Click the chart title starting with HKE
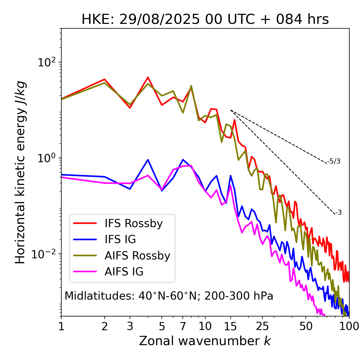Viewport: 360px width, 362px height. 205,19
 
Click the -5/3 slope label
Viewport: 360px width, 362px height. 334,161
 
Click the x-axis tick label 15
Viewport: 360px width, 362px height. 230,326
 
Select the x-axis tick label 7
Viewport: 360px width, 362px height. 183,326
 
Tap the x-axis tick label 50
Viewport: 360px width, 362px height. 306,326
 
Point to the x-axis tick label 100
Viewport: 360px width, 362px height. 349,326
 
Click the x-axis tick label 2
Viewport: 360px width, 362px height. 105,326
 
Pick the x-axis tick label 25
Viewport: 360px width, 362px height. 262,326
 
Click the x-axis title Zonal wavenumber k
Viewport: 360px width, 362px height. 205,341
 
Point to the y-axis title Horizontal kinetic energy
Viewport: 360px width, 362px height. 20,172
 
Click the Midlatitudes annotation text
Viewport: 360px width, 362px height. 169,296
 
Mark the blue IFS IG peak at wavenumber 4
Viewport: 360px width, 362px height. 148,160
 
